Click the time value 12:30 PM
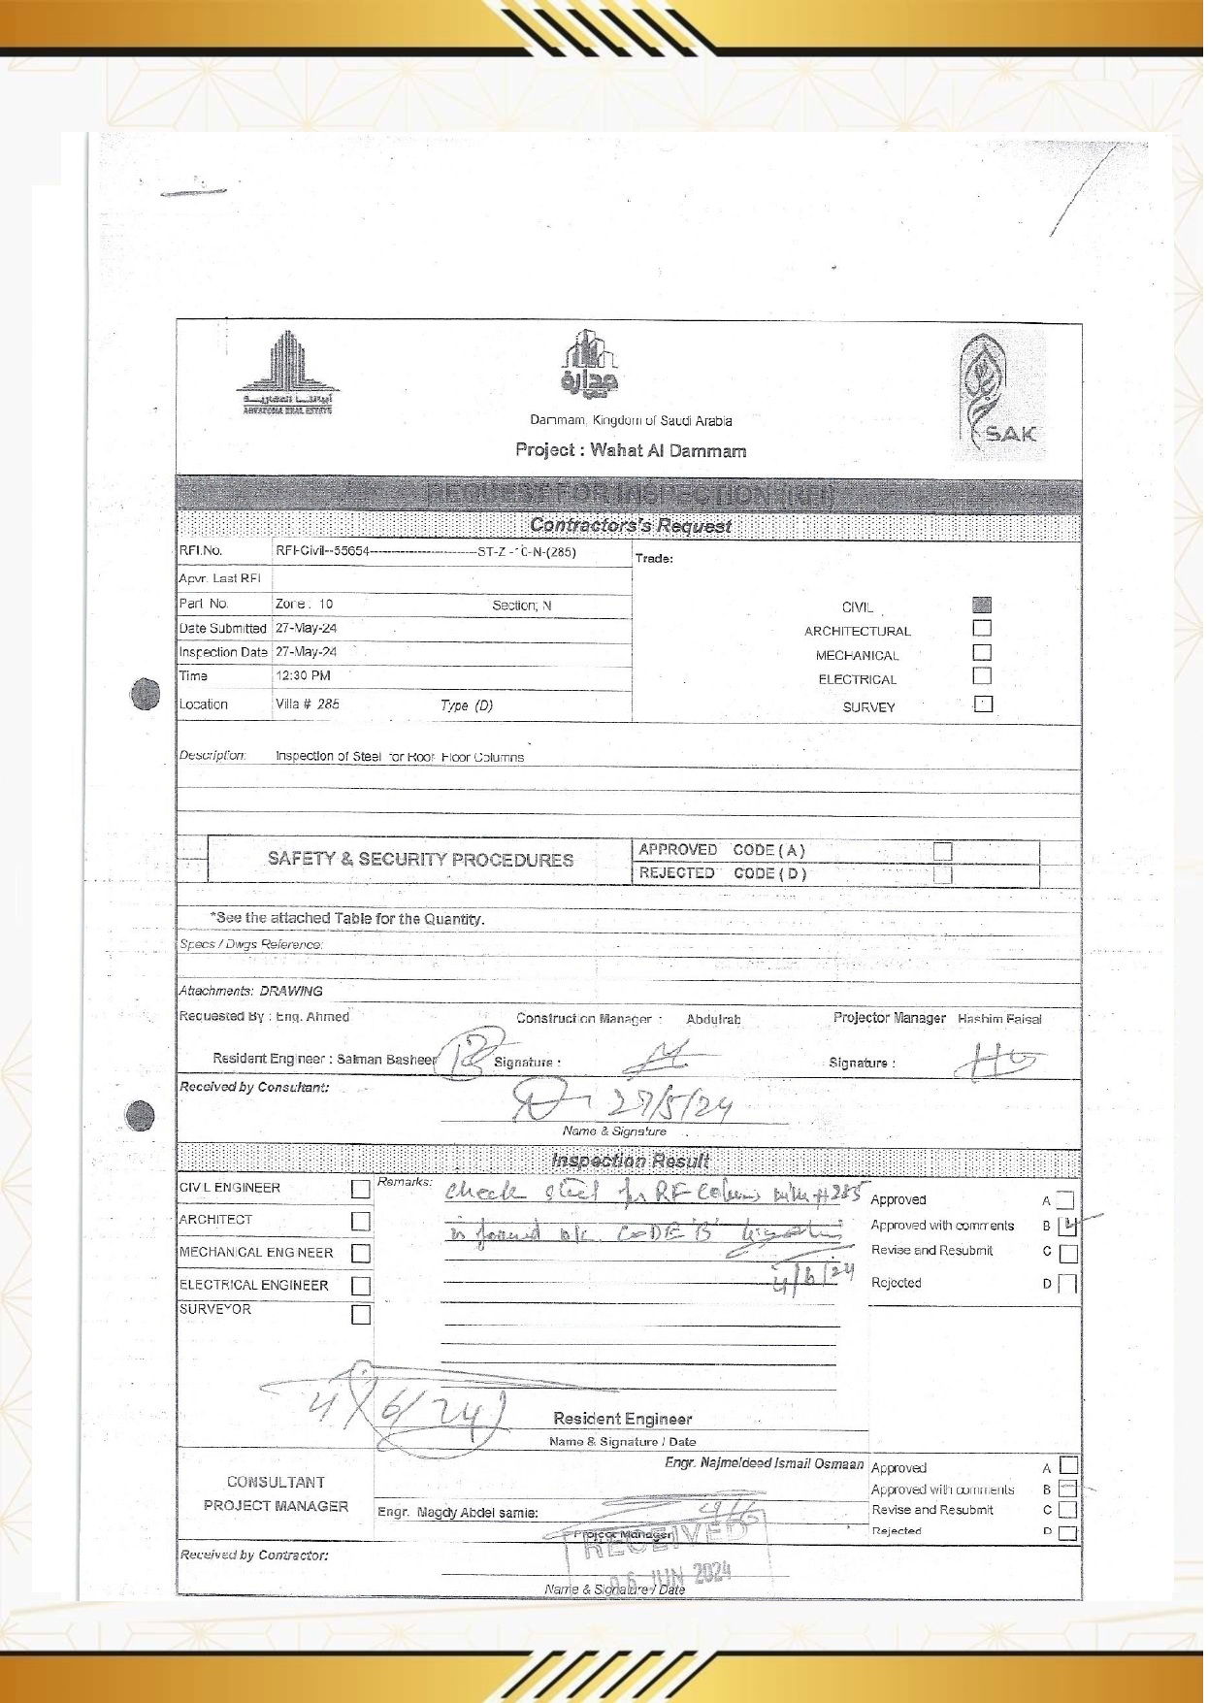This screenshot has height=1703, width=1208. click(x=303, y=676)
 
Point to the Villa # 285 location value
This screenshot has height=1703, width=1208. click(x=308, y=704)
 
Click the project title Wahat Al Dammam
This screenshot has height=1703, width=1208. click(x=632, y=451)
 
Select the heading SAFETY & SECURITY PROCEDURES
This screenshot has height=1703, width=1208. click(x=421, y=861)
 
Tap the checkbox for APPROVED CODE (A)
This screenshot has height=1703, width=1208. click(x=944, y=852)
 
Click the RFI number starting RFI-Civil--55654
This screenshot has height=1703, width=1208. click(x=426, y=552)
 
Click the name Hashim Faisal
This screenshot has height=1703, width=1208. click(x=1000, y=1020)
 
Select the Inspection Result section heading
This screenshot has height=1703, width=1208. click(x=631, y=1162)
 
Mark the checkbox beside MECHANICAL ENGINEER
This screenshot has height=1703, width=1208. click(x=361, y=1254)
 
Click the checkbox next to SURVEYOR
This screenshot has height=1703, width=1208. click(x=361, y=1316)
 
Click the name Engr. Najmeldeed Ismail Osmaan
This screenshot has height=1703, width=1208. click(x=765, y=1464)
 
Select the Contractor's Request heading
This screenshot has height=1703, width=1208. click(x=631, y=527)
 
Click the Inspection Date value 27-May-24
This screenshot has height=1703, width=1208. click(x=307, y=653)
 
